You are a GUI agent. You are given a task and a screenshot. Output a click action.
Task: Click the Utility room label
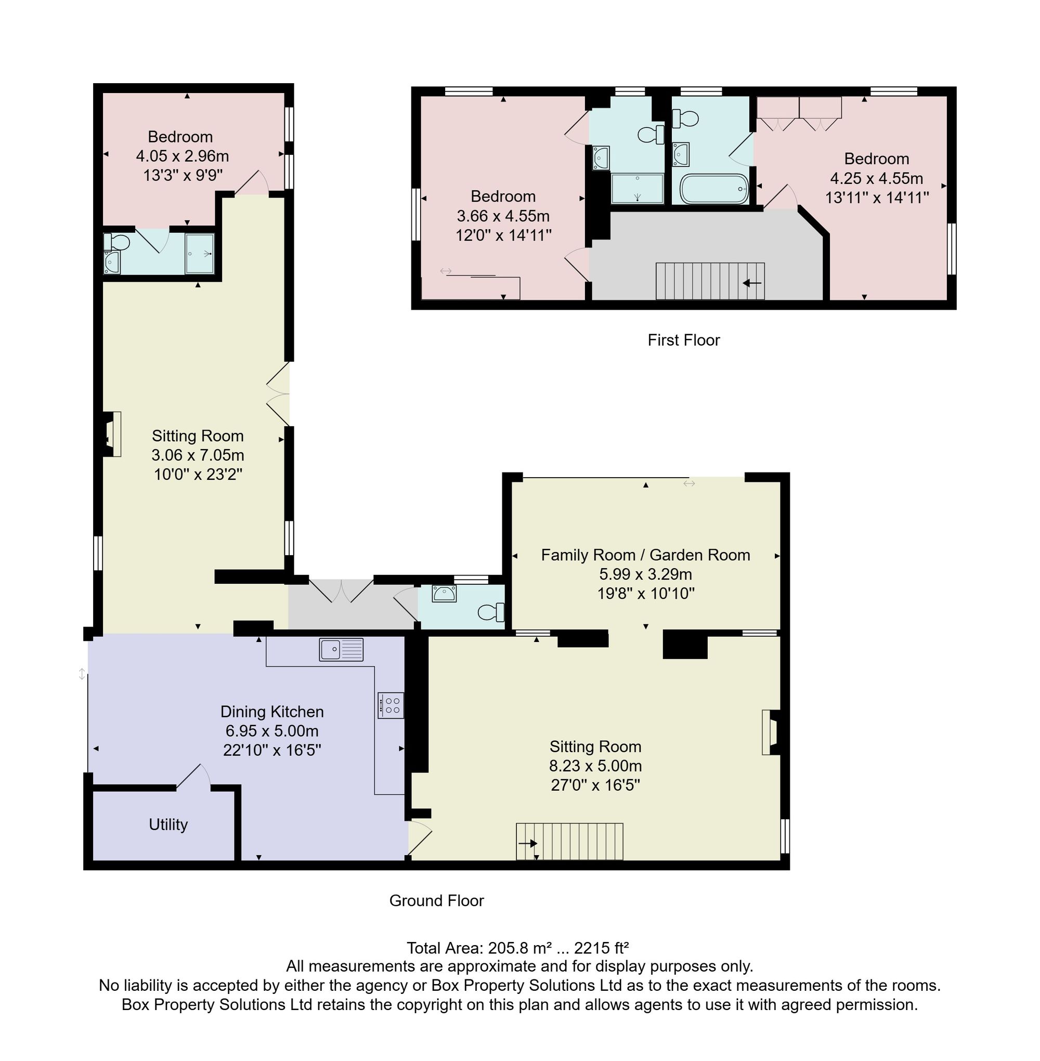tap(168, 824)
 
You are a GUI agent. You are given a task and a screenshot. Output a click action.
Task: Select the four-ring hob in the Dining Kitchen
tap(391, 705)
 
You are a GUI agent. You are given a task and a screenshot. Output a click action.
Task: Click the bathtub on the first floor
tap(714, 189)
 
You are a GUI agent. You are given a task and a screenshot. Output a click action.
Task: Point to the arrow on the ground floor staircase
tap(528, 844)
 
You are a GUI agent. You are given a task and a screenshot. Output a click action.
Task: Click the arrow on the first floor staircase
tap(752, 283)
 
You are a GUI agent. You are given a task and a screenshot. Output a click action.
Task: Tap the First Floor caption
tap(684, 340)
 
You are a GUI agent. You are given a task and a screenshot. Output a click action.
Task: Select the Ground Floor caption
tap(436, 900)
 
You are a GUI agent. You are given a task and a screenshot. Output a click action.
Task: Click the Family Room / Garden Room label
tap(646, 555)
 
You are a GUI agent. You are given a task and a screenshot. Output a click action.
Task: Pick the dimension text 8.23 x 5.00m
tap(595, 766)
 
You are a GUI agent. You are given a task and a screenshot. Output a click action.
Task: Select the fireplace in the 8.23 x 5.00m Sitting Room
tap(771, 732)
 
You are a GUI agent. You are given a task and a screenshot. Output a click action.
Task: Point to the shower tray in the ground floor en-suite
tap(199, 253)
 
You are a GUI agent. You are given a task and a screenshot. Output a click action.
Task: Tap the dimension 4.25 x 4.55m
tap(877, 178)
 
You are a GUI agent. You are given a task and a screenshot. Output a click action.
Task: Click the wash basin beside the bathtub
tap(681, 153)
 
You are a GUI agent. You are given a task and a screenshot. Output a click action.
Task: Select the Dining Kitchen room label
tap(272, 712)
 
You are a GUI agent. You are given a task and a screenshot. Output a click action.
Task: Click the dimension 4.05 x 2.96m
tap(183, 156)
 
